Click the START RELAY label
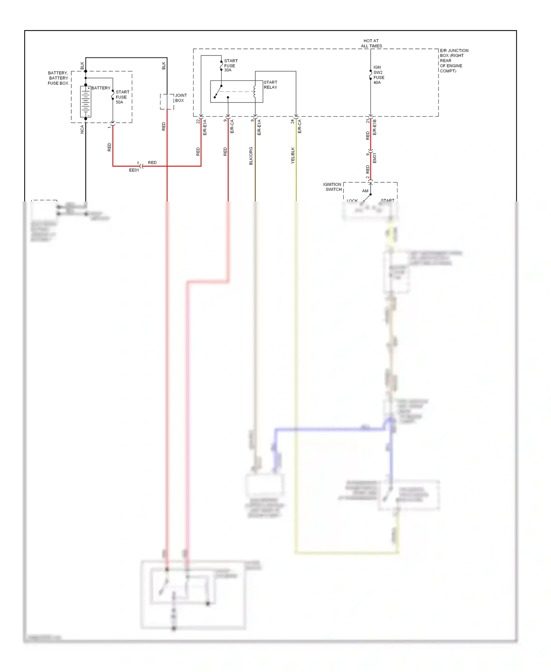pos(270,85)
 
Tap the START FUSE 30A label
pos(231,65)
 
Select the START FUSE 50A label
pos(122,97)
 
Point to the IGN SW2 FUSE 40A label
pos(379,75)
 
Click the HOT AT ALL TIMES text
pos(371,43)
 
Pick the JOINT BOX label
pos(180,98)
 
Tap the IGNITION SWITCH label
pos(332,187)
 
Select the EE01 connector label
pos(134,170)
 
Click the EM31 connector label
pos(375,158)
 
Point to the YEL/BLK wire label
pos(293,155)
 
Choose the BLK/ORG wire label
pos(251,156)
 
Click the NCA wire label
pos(82,129)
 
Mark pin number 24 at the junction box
pos(293,121)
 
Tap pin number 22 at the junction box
pos(198,121)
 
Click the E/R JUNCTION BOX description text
pos(454,61)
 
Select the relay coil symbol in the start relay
pos(255,92)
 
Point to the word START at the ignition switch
pos(388,200)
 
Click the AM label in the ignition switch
pos(365,191)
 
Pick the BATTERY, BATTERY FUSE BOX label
pos(58,78)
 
